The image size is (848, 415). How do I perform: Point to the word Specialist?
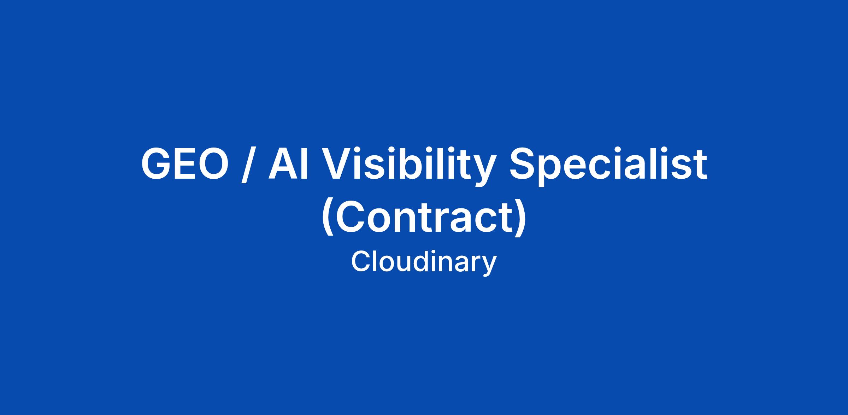pyautogui.click(x=608, y=166)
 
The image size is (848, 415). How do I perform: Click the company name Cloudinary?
pyautogui.click(x=424, y=263)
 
